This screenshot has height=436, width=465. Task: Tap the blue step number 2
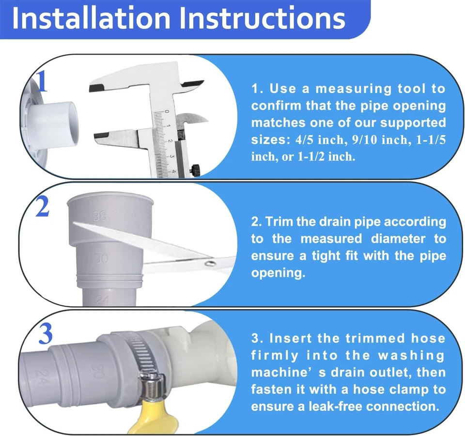[43, 207]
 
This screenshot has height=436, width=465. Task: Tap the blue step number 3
[45, 334]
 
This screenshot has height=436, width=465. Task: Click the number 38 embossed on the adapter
[99, 217]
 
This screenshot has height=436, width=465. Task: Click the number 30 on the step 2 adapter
[101, 259]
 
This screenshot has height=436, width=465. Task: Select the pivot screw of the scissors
[210, 263]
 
